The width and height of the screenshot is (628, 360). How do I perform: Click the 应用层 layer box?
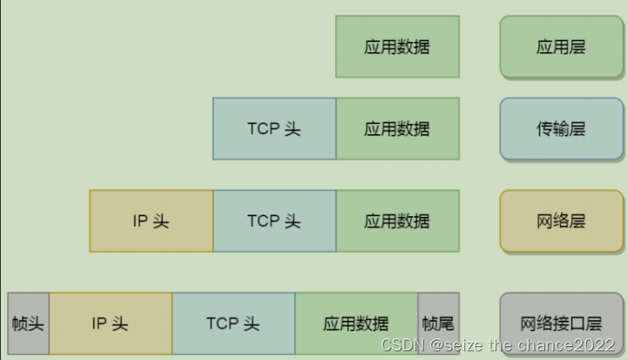point(561,47)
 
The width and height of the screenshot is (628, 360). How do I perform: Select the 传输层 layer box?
point(561,129)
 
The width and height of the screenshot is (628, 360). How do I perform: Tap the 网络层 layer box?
point(561,221)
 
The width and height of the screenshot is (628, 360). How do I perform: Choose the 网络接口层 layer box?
point(561,323)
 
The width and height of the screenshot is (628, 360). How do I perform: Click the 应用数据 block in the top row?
point(397,46)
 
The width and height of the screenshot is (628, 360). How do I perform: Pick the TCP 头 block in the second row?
point(274,129)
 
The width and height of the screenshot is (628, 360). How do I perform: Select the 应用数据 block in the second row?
point(397,129)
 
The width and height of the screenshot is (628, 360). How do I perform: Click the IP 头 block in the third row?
point(151,221)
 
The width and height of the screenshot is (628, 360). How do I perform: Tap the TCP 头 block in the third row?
point(274,221)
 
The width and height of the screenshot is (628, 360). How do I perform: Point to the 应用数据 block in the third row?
point(397,221)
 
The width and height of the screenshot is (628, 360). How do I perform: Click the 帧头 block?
point(28,323)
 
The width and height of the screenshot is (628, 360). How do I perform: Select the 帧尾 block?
point(438,323)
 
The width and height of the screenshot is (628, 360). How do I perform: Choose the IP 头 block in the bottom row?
point(111,323)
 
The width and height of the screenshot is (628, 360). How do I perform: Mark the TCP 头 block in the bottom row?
point(233,323)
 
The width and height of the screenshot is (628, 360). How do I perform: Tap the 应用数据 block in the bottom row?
point(356,323)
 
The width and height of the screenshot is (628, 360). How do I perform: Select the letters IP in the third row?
point(141,221)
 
